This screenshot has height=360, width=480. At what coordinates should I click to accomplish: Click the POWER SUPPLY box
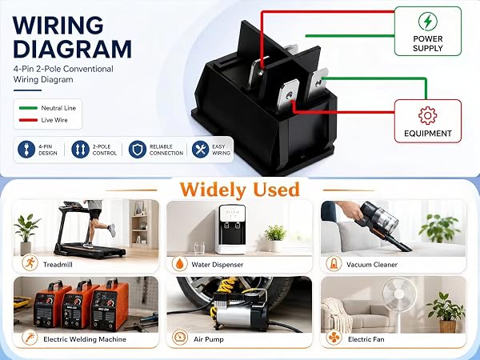click(428, 31)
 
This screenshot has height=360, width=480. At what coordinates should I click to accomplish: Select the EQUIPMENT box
click(428, 121)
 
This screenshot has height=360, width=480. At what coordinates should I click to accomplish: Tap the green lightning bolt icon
click(428, 21)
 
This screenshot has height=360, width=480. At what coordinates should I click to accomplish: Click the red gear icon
click(427, 115)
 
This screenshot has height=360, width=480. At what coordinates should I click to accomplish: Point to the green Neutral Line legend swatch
click(28, 108)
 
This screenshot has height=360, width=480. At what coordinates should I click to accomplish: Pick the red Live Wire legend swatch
click(28, 120)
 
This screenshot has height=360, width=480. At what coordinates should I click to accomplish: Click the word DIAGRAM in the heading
click(73, 49)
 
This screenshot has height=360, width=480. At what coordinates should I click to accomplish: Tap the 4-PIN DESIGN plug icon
click(26, 150)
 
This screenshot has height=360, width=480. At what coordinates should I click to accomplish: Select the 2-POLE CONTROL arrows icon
click(80, 150)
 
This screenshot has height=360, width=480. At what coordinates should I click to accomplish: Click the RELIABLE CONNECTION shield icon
click(138, 150)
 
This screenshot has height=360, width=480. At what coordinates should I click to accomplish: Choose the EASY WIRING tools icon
click(201, 150)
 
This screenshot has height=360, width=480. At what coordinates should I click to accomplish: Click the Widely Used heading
click(239, 190)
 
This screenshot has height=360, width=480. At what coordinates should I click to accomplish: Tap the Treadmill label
click(58, 265)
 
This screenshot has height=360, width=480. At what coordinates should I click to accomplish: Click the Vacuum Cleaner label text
click(372, 265)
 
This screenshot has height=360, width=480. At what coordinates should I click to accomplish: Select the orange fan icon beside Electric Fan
click(334, 338)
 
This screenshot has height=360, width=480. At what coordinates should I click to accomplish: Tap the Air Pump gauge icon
click(180, 338)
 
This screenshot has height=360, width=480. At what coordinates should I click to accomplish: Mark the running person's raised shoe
click(112, 230)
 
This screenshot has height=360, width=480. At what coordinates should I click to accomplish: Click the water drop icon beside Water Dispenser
click(179, 263)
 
